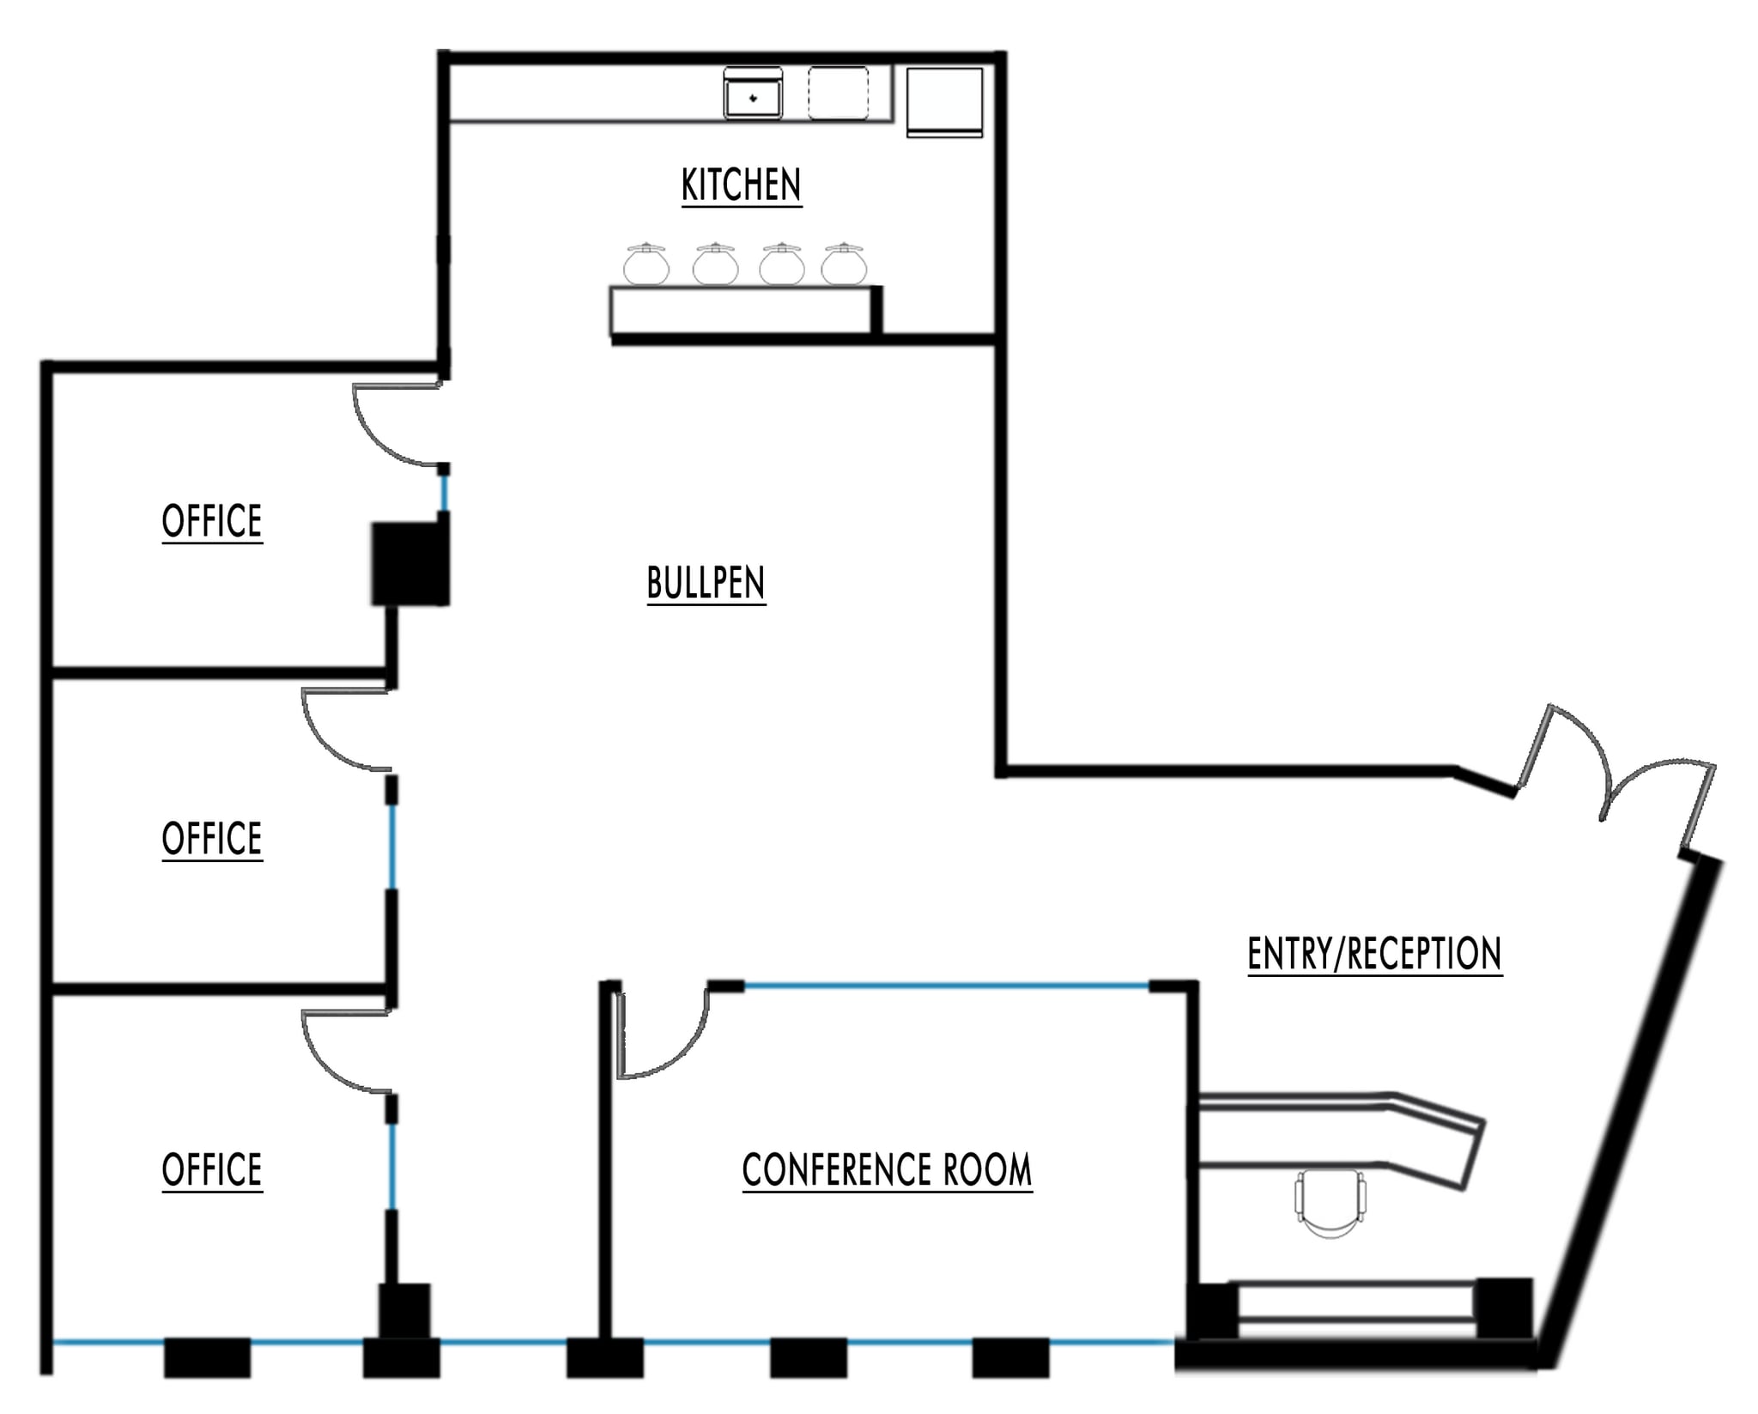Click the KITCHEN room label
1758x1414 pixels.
tap(741, 185)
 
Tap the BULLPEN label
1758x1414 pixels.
tap(706, 583)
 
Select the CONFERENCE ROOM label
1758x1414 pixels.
tap(887, 1169)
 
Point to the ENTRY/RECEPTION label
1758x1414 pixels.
tap(1374, 953)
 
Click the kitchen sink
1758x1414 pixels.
tap(753, 94)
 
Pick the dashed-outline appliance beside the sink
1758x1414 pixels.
tap(838, 93)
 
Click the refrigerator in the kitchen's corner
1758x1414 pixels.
tap(944, 101)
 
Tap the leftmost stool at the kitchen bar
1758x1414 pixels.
tap(646, 264)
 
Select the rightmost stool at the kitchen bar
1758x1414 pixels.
tap(844, 264)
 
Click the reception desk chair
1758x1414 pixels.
tap(1330, 1202)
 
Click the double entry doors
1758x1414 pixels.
tap(1614, 773)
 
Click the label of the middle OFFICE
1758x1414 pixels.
tap(212, 838)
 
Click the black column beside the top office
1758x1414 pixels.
tap(410, 564)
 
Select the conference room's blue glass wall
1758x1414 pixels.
tap(944, 986)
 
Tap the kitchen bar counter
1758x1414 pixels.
tap(743, 311)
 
